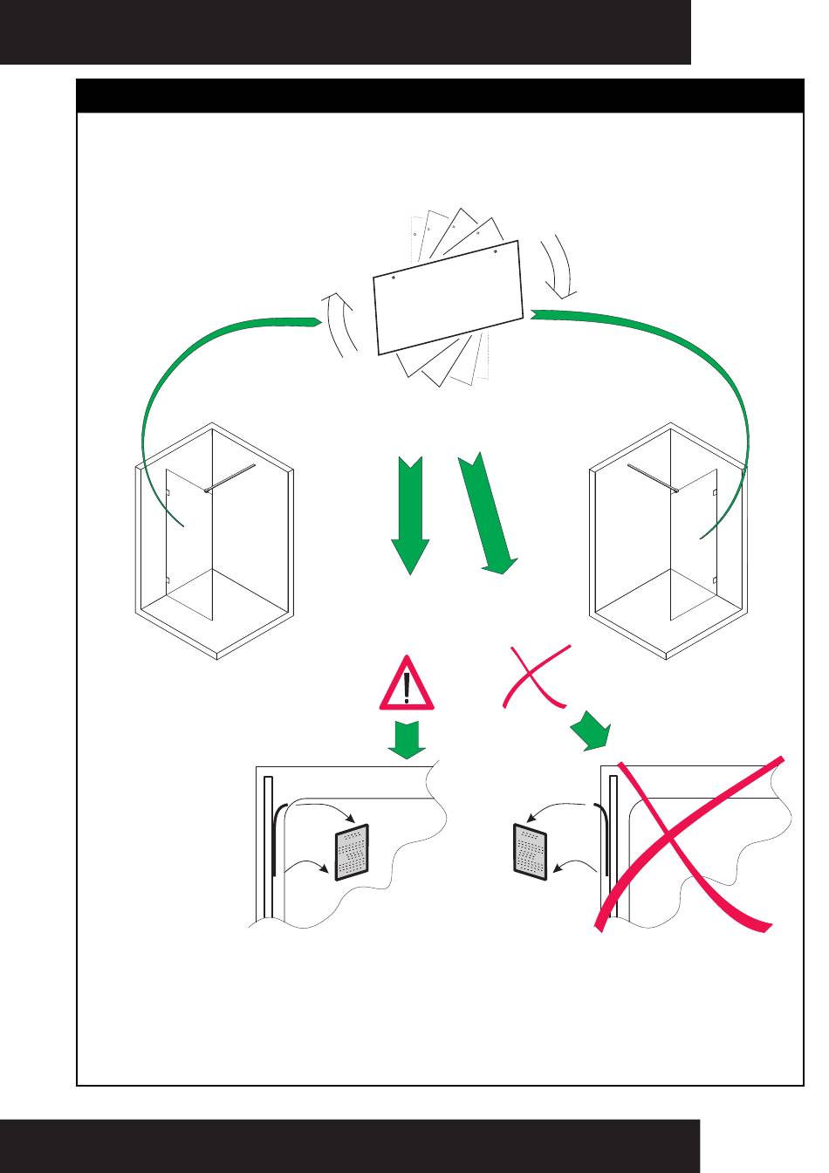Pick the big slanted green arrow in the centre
click(487, 515)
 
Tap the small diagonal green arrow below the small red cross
click(593, 731)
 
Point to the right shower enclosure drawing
click(669, 541)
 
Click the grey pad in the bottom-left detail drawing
click(352, 853)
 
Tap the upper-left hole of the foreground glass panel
click(394, 278)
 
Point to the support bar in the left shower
click(231, 478)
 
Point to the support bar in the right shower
click(651, 478)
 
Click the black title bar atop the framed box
click(440, 95)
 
